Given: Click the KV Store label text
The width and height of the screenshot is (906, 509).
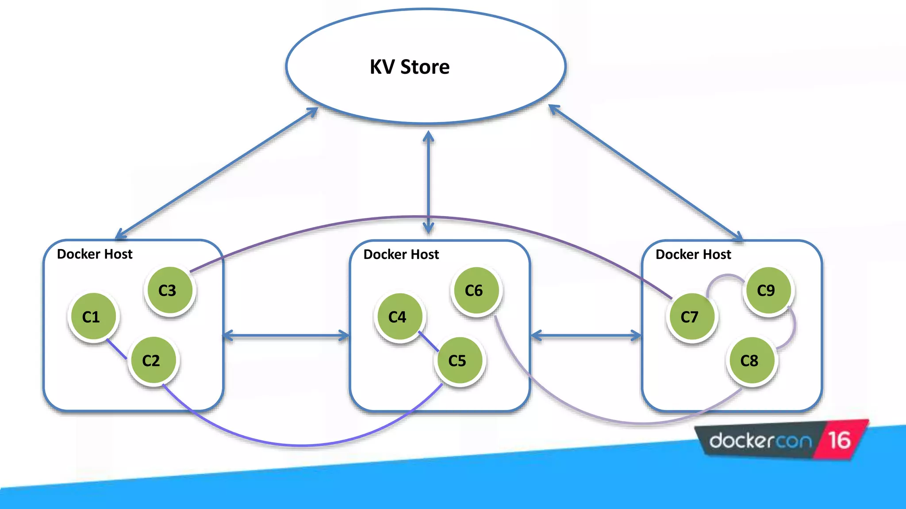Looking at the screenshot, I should (x=410, y=67).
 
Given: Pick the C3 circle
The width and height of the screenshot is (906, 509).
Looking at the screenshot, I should (x=169, y=290).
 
